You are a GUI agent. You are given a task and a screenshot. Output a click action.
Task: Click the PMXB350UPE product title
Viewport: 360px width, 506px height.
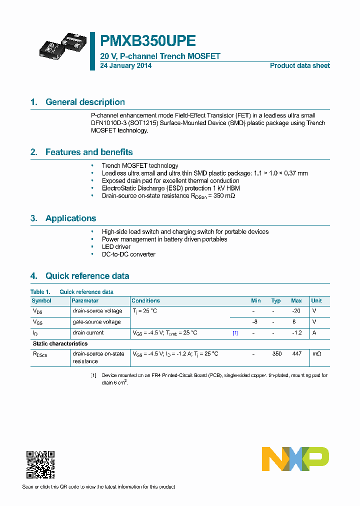[148, 41]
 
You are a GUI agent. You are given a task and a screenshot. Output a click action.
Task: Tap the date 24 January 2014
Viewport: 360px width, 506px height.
[126, 65]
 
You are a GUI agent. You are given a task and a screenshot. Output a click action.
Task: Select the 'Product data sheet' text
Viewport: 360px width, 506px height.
[299, 65]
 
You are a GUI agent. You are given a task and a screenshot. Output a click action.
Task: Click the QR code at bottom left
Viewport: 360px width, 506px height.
[40, 464]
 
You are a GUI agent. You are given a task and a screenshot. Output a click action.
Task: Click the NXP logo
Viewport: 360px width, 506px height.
[295, 459]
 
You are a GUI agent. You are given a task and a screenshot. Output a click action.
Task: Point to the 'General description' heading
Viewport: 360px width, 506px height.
[85, 102]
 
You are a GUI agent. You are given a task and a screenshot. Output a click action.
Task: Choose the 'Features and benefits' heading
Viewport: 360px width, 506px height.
[89, 152]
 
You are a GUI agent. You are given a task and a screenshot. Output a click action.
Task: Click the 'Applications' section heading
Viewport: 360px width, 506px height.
[70, 218]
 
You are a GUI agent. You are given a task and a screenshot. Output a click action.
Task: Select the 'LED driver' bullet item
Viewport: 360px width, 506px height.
[116, 246]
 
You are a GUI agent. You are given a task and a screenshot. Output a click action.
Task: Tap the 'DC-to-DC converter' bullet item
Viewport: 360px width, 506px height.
[128, 254]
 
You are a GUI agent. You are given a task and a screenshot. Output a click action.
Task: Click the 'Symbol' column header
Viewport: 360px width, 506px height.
[41, 300]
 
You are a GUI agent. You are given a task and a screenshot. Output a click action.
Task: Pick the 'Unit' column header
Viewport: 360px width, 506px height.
[316, 300]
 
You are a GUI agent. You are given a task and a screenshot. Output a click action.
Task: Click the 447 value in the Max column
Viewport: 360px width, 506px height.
[297, 353]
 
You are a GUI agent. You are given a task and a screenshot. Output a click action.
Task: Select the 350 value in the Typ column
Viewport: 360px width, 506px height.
[276, 353]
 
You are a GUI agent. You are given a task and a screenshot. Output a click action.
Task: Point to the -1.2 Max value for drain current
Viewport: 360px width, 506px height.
[297, 332]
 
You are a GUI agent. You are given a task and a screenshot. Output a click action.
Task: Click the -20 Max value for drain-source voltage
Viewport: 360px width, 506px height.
[297, 311]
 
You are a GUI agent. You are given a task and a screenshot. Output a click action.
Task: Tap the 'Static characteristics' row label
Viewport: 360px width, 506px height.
[60, 343]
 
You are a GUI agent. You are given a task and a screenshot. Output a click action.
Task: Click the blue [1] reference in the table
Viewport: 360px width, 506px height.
[235, 332]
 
